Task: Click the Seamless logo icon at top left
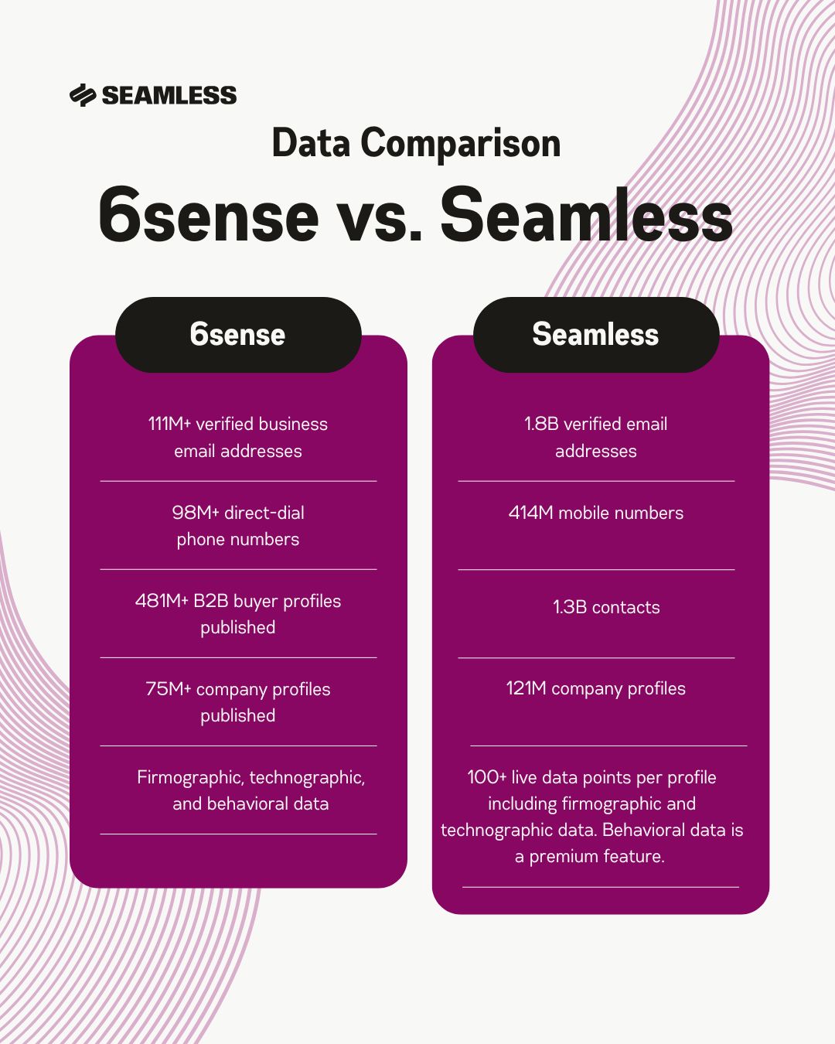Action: tap(82, 95)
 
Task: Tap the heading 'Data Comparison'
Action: tap(416, 143)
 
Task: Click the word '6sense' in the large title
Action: tap(209, 216)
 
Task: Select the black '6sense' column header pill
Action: tap(238, 335)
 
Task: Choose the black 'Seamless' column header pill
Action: tap(595, 335)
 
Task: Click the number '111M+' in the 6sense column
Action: tap(169, 424)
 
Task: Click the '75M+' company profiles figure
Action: tap(168, 689)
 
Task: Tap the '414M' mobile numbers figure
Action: tap(530, 513)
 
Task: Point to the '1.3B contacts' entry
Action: tap(606, 607)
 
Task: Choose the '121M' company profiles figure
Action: tap(527, 688)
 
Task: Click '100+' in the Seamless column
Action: tap(487, 777)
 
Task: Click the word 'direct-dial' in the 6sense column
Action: tap(264, 513)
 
